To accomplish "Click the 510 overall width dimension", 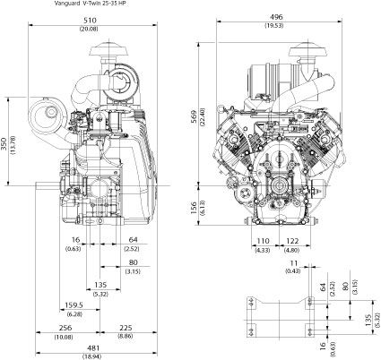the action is pos(90,21).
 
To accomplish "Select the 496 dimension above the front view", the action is pos(275,17).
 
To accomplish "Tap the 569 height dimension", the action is pos(194,118).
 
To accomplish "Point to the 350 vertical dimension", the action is pos(4,145).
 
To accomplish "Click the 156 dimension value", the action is pos(194,208).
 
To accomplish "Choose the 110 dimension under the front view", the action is pos(263,240).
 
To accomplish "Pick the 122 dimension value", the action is pos(292,240).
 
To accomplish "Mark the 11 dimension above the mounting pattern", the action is pos(294,263).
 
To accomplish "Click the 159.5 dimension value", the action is pos(74,305).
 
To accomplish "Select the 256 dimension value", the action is pos(65,328).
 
